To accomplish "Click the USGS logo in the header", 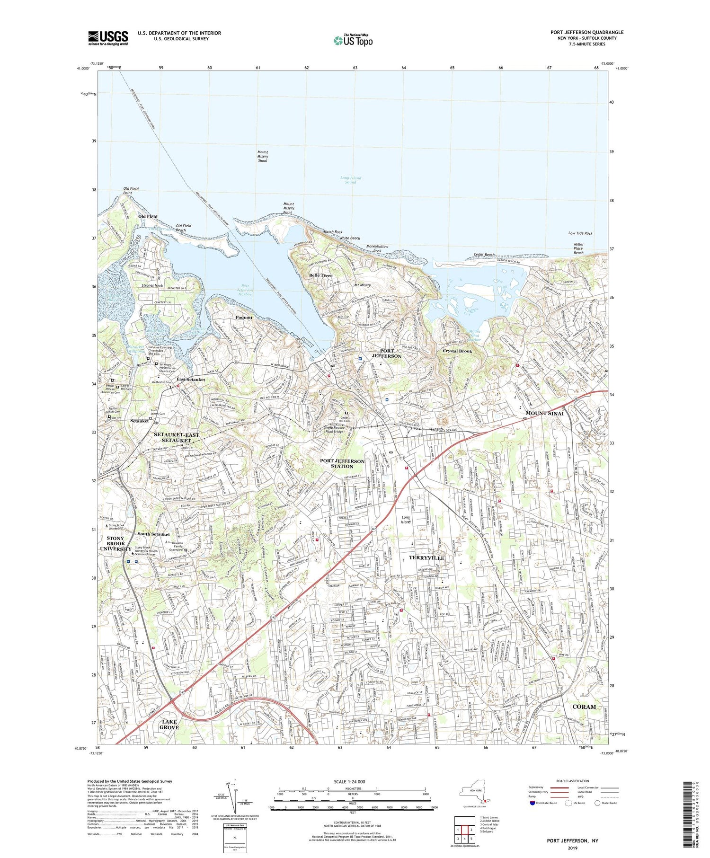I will point(108,38).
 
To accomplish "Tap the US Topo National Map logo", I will point(353,40).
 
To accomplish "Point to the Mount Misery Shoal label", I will point(263,157).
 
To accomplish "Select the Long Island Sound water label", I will point(350,180).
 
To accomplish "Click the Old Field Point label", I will point(131,191).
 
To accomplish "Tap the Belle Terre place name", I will point(320,275).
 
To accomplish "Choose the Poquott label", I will point(244,317).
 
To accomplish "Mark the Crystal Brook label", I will point(457,351).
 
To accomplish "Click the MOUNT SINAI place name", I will point(545,413).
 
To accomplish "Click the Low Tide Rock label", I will point(580,233).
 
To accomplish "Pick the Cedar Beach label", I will point(484,255).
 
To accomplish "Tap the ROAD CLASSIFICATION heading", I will point(573,781).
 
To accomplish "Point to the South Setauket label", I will point(153,534).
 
